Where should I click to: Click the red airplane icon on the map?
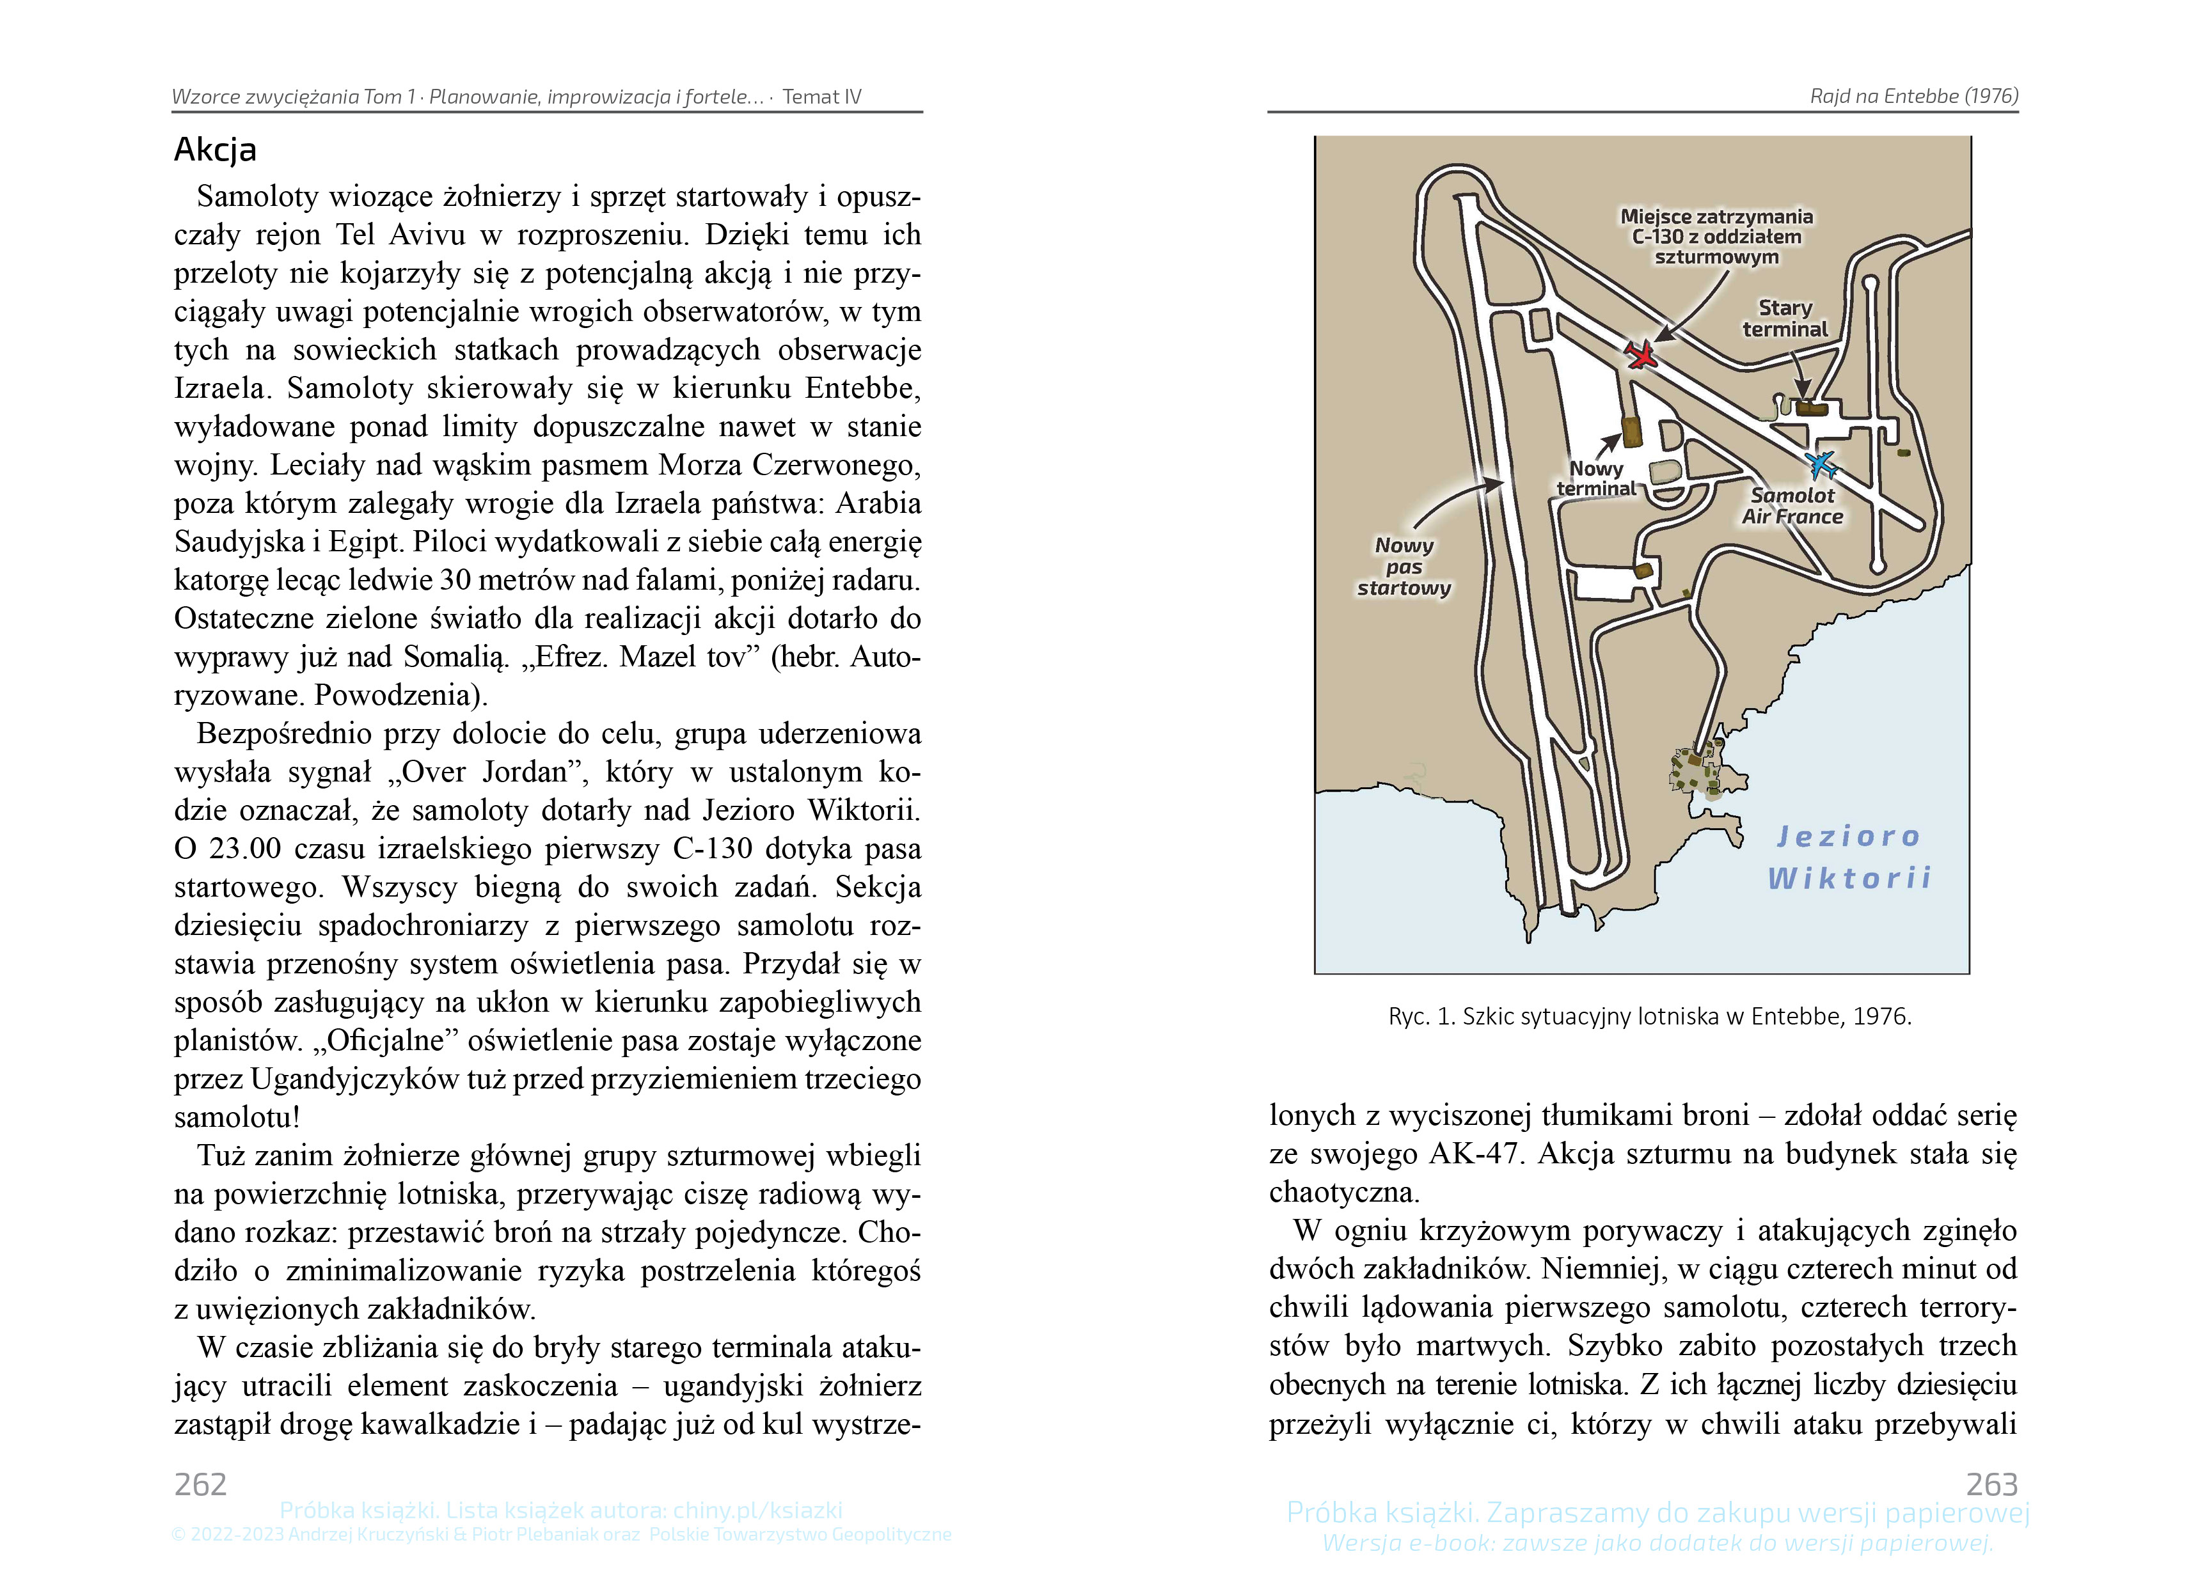1640,354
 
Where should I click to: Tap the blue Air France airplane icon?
1822,464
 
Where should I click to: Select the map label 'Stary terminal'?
1784,318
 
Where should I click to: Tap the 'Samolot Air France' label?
1792,506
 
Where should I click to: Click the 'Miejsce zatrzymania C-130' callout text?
1716,237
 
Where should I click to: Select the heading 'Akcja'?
216,150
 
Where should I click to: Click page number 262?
201,1484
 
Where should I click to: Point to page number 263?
1991,1484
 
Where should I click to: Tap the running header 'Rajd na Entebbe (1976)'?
1913,97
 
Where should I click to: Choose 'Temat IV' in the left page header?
821,97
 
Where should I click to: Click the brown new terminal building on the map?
1632,432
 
